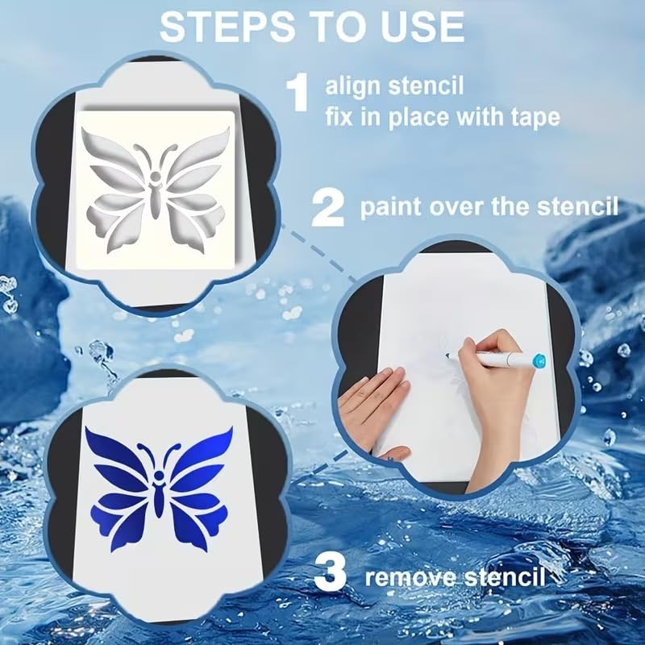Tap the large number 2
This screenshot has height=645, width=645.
coord(328,207)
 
